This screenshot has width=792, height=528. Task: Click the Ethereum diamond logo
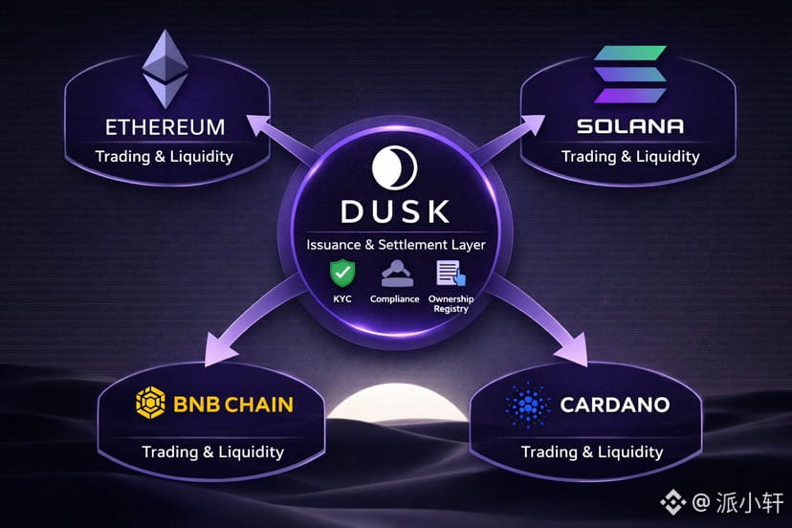point(165,69)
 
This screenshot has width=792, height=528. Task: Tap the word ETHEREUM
point(165,127)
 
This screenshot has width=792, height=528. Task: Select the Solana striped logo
point(629,75)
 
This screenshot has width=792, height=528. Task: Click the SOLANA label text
point(630,126)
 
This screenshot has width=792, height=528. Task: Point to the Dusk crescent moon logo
point(394,167)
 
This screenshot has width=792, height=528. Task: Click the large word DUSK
point(395,211)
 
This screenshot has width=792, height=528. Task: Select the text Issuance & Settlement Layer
point(395,245)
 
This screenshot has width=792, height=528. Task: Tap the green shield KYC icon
point(342,274)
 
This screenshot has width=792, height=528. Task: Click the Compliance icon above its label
point(397,274)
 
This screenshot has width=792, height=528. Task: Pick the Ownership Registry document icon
point(451,274)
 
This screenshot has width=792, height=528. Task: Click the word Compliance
point(394,299)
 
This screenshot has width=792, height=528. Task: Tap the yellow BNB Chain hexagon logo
point(150,403)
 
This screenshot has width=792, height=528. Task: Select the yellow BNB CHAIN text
point(232,405)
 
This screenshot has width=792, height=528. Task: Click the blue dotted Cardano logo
point(528,405)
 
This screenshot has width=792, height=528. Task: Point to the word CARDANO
point(615,405)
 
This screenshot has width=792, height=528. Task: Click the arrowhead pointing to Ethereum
point(260,126)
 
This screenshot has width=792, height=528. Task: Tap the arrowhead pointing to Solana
point(531,125)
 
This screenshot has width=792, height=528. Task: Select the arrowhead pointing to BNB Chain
point(220,348)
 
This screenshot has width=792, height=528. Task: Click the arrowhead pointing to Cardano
point(573,350)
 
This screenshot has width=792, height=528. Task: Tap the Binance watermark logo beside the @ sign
point(673,502)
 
